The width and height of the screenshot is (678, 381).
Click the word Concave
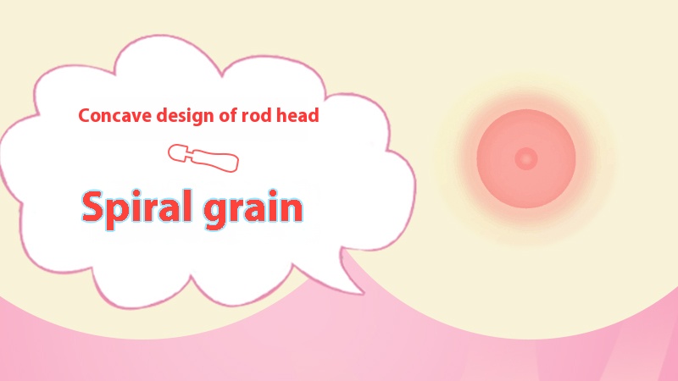[115, 116]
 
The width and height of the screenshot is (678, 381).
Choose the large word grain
[253, 210]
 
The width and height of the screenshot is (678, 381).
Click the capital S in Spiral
[93, 206]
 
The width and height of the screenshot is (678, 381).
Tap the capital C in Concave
[85, 116]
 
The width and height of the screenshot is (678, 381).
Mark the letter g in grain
[215, 213]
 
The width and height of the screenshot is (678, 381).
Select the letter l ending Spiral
[187, 206]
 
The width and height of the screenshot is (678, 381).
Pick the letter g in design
[192, 119]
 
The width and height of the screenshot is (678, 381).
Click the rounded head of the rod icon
[177, 153]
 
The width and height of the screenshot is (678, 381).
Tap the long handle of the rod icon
[215, 161]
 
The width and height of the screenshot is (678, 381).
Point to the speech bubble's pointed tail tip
[364, 294]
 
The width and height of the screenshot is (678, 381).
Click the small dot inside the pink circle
[526, 158]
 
